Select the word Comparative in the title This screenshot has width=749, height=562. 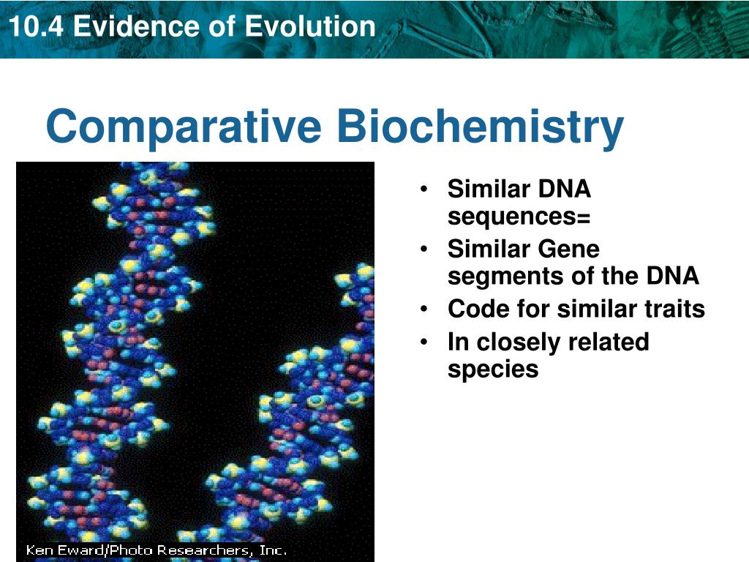click(183, 127)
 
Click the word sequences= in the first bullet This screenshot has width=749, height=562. click(519, 217)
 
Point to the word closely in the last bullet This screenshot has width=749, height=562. click(519, 342)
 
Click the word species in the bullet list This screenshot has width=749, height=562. click(493, 369)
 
